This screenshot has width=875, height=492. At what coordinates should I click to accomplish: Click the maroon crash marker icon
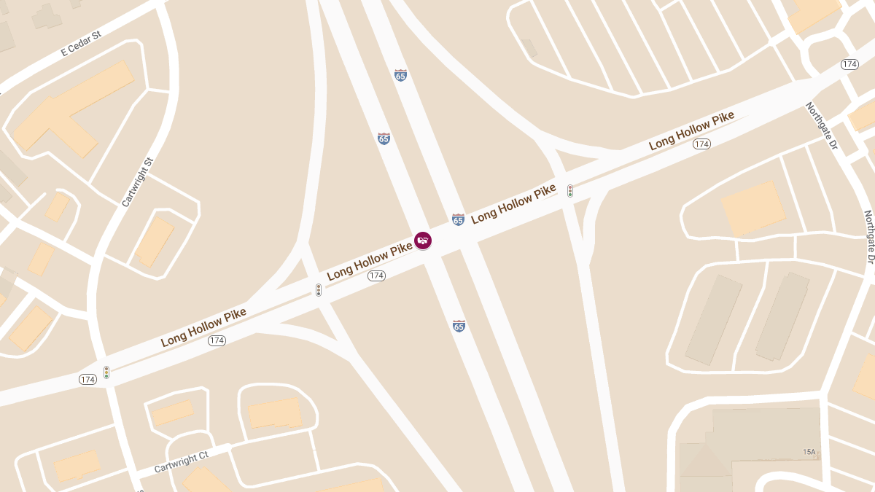pos(423,240)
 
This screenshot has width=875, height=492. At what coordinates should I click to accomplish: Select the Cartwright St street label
pos(138,182)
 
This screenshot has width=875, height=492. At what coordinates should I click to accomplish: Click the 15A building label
pos(809,452)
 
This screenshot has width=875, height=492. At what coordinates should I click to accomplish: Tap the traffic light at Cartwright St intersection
pos(106,372)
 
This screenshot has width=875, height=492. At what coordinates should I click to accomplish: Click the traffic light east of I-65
pos(570,191)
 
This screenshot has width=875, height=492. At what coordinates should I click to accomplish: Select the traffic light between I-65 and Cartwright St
pos(319,290)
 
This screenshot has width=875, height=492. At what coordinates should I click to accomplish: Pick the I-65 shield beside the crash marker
pos(458,219)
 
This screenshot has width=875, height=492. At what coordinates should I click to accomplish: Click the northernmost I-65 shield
pos(400,75)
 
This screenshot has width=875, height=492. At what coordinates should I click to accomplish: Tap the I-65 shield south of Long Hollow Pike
pos(459,326)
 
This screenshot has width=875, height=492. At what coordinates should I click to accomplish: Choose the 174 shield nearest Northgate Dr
pos(849,64)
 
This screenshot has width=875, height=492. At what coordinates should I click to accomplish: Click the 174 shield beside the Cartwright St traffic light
pos(87,380)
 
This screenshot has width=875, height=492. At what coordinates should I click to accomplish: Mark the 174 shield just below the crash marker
pos(376,276)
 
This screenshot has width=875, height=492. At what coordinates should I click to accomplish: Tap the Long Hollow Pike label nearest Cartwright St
pos(203,327)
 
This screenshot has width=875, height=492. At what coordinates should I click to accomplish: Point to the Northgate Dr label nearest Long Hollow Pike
pos(822,126)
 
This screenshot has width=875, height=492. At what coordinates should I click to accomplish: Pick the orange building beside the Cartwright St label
pos(155,241)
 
